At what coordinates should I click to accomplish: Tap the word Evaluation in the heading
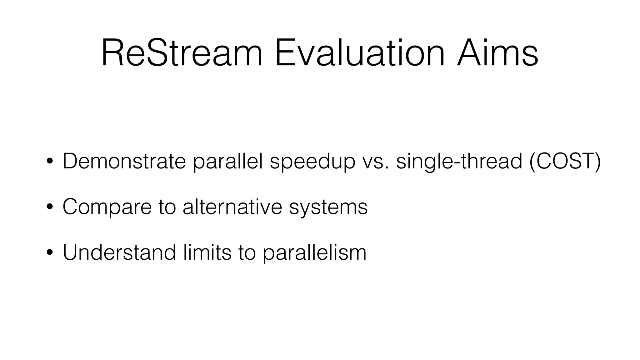click(360, 53)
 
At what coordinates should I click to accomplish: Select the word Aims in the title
click(497, 53)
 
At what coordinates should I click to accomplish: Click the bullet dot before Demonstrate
click(49, 162)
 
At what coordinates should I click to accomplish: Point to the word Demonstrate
click(124, 161)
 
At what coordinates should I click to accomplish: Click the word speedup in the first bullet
click(312, 162)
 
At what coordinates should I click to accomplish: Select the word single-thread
click(459, 161)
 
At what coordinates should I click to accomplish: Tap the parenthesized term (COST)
click(565, 161)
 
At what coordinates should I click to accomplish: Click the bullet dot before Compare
click(49, 207)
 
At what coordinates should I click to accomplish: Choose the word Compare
click(107, 207)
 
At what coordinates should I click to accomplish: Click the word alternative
click(232, 207)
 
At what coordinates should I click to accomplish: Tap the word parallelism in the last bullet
click(314, 252)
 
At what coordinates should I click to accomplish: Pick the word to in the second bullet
click(167, 207)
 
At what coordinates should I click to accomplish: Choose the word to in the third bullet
click(247, 252)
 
